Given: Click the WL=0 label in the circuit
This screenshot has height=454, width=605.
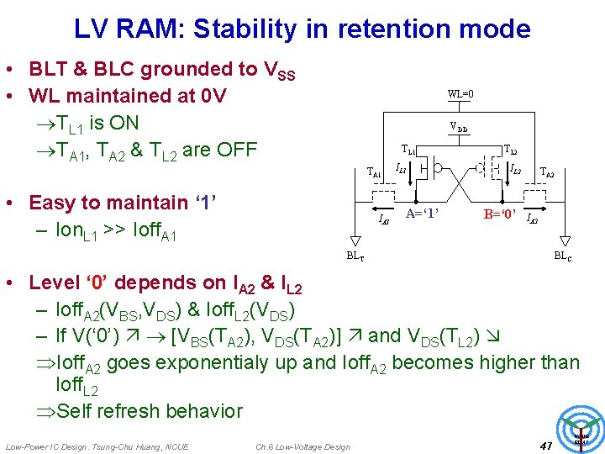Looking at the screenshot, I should pyautogui.click(x=460, y=94).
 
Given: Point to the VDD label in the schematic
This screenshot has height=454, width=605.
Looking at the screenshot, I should pyautogui.click(x=459, y=128).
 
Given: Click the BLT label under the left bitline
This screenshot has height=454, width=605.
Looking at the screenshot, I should pyautogui.click(x=356, y=255).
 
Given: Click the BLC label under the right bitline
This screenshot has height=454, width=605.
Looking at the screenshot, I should pyautogui.click(x=562, y=255).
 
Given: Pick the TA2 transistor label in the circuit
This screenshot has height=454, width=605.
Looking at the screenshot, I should pyautogui.click(x=547, y=172).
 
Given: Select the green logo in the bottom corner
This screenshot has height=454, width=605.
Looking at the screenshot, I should pyautogui.click(x=581, y=429).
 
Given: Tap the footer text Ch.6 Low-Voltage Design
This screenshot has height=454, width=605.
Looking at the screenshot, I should pyautogui.click(x=302, y=446).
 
